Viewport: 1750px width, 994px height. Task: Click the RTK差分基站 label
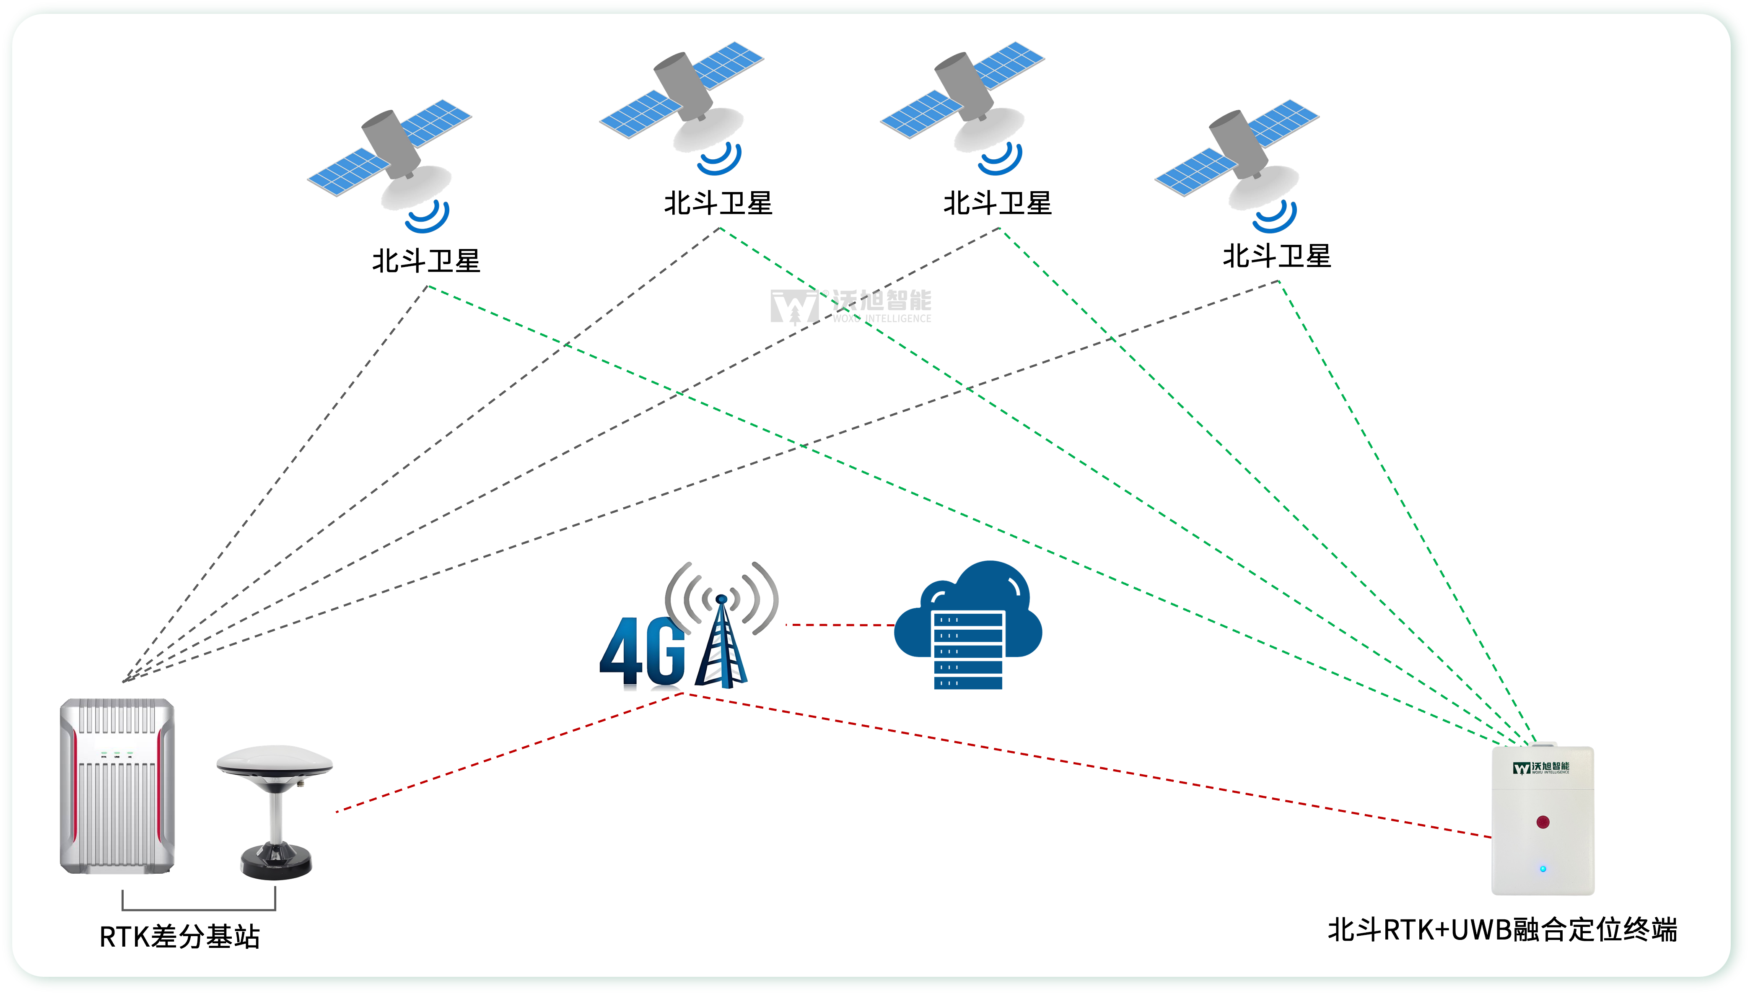[179, 937]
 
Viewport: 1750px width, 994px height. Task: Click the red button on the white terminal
[1543, 822]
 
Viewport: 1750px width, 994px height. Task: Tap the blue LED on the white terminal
[1543, 869]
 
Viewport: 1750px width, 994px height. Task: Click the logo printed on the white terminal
[1541, 768]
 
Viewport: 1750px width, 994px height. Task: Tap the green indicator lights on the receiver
[117, 754]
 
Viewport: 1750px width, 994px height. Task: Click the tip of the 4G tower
[721, 599]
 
